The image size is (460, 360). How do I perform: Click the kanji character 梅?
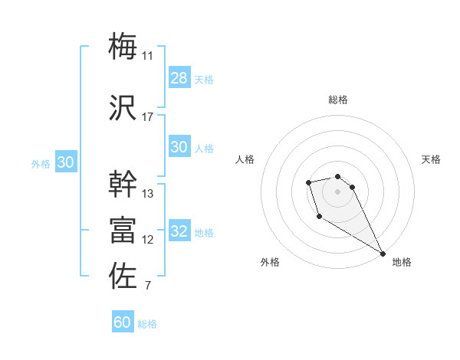point(123,46)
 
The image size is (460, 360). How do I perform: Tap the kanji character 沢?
point(123,108)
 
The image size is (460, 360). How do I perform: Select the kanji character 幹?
point(123,185)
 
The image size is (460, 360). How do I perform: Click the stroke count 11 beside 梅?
point(148,56)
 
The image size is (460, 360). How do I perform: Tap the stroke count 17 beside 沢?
point(148,117)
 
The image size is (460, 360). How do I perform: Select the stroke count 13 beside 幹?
point(148,194)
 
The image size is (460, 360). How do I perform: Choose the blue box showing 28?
point(179,77)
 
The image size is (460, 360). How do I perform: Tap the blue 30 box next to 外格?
point(65,162)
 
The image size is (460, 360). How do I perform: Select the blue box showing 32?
point(179,231)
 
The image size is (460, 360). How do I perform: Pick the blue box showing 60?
point(123,322)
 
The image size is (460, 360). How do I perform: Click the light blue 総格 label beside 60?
point(148,324)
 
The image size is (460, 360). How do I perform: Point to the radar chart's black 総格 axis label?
point(338,100)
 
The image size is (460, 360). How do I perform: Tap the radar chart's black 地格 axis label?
point(402,262)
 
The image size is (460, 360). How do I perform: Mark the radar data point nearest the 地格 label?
point(383,254)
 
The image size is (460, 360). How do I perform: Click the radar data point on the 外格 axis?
point(319,217)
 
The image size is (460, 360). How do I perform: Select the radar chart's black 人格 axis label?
point(245,159)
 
